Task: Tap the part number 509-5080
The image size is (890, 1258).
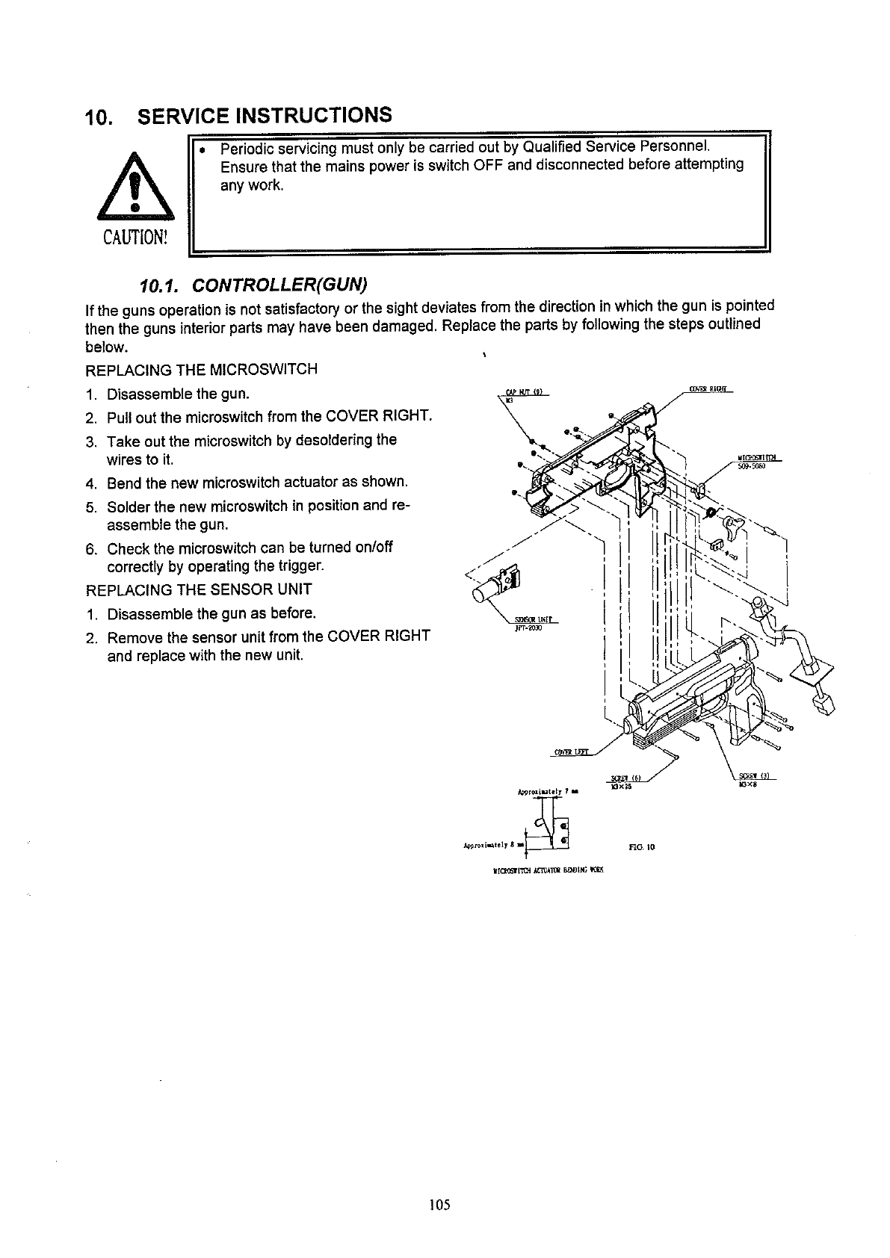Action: [750, 467]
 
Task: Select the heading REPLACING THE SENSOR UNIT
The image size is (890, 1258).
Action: [200, 589]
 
